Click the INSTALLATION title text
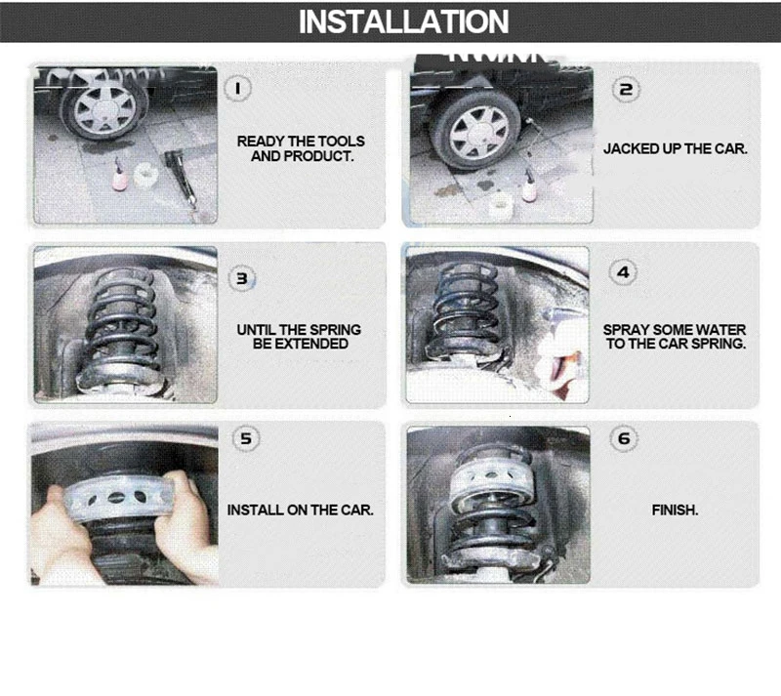(x=403, y=21)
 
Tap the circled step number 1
(x=237, y=89)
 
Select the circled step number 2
(x=626, y=90)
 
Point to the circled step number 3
(x=242, y=278)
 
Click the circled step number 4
(x=623, y=273)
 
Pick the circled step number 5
(x=246, y=439)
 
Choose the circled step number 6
(x=624, y=439)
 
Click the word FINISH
(x=675, y=511)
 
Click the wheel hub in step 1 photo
(x=105, y=110)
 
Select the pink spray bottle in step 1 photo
(x=120, y=176)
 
